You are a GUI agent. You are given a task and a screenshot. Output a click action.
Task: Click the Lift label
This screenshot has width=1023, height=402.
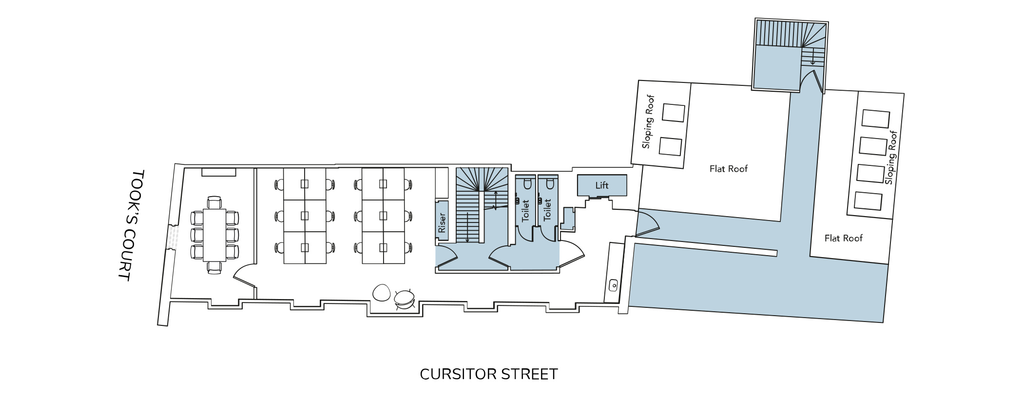[x=601, y=185]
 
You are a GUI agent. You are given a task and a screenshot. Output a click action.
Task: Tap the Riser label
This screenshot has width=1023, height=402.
[x=442, y=222]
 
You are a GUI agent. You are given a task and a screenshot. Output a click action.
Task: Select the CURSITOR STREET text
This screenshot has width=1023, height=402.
[x=488, y=374]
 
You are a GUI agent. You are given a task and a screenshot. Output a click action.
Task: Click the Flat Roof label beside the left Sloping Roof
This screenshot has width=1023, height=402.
[x=728, y=169]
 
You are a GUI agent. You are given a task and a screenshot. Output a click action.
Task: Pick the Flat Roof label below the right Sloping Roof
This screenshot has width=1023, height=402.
[x=843, y=238]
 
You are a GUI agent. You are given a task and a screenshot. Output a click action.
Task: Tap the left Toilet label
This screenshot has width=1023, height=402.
[x=525, y=210]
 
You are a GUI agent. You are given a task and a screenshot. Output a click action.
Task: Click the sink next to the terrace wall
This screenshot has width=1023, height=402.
[x=614, y=283]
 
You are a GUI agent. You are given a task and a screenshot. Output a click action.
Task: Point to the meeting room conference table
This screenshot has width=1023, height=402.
[x=214, y=235]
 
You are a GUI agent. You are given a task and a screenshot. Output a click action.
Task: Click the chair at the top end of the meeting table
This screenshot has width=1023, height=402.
[x=214, y=202]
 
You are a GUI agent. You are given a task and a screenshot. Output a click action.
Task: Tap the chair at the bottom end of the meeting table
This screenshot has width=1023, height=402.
[x=214, y=267]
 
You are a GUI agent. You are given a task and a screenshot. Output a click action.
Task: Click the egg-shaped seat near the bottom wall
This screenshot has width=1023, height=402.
[x=381, y=293]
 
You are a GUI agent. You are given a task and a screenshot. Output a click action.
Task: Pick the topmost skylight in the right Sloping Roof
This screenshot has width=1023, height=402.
[x=875, y=119]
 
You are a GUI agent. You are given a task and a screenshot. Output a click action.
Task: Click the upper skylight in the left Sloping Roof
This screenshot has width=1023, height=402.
[x=673, y=113]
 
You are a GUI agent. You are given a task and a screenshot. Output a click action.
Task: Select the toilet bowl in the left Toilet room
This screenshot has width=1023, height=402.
[x=526, y=184]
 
